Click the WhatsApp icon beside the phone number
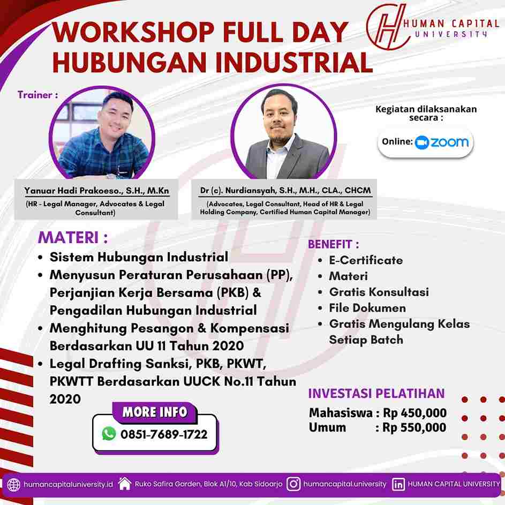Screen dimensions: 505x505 coord(109,433)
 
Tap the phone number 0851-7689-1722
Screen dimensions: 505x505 coord(164,434)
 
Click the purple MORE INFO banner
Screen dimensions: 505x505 coord(155,412)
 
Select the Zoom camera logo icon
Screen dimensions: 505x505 coord(421,142)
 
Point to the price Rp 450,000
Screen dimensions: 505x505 coord(415,413)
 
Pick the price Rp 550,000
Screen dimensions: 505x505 coord(414,428)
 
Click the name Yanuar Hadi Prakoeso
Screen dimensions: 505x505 coord(73,191)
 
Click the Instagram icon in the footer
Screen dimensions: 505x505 coord(293,484)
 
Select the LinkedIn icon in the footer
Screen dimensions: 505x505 coord(398,484)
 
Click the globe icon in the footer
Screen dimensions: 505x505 coord(13,485)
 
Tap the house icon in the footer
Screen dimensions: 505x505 coord(125,484)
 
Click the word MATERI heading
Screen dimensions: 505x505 coord(68,238)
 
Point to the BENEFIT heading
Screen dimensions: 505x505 coord(330,244)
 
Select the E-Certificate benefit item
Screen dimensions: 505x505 coord(366,260)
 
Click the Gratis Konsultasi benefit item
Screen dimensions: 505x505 coord(379,292)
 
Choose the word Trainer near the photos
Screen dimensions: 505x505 coord(35,95)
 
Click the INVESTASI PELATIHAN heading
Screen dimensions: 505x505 coord(376,394)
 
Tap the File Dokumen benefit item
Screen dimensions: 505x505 coord(367,308)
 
